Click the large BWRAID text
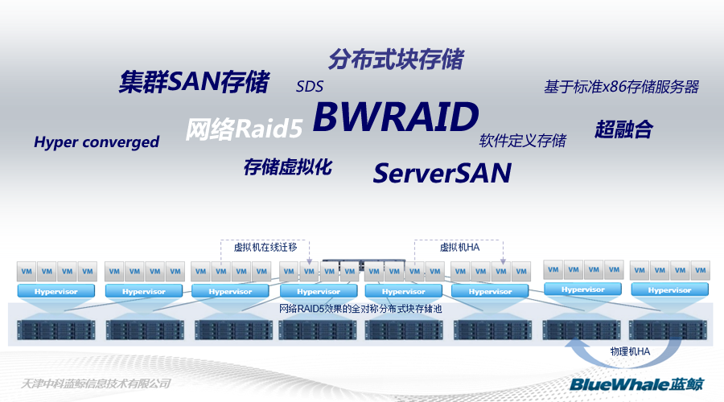pyautogui.click(x=395, y=118)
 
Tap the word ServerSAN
pyautogui.click(x=442, y=172)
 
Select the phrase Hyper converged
pyautogui.click(x=97, y=142)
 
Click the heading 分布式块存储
pyautogui.click(x=395, y=59)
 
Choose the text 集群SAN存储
pyautogui.click(x=194, y=82)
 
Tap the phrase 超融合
pyautogui.click(x=623, y=129)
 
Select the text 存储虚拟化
pyautogui.click(x=287, y=167)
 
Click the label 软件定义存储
pyautogui.click(x=523, y=141)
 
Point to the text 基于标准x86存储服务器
pyautogui.click(x=621, y=87)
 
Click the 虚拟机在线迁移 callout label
pyautogui.click(x=265, y=247)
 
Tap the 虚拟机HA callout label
pyautogui.click(x=459, y=247)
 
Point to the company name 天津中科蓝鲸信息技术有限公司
pyautogui.click(x=97, y=384)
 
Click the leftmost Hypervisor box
pyautogui.click(x=56, y=291)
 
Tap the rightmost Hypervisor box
pyautogui.click(x=669, y=289)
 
